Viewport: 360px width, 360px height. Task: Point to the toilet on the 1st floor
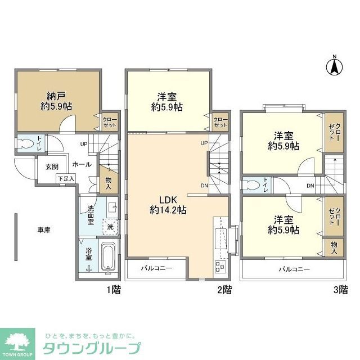(x=24, y=143)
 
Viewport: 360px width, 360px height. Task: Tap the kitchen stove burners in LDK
(x=219, y=267)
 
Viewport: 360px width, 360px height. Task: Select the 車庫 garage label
(x=44, y=230)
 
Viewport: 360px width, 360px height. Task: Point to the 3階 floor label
(x=339, y=290)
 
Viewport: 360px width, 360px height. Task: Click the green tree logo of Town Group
(x=19, y=341)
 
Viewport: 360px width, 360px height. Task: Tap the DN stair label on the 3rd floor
(x=310, y=186)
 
